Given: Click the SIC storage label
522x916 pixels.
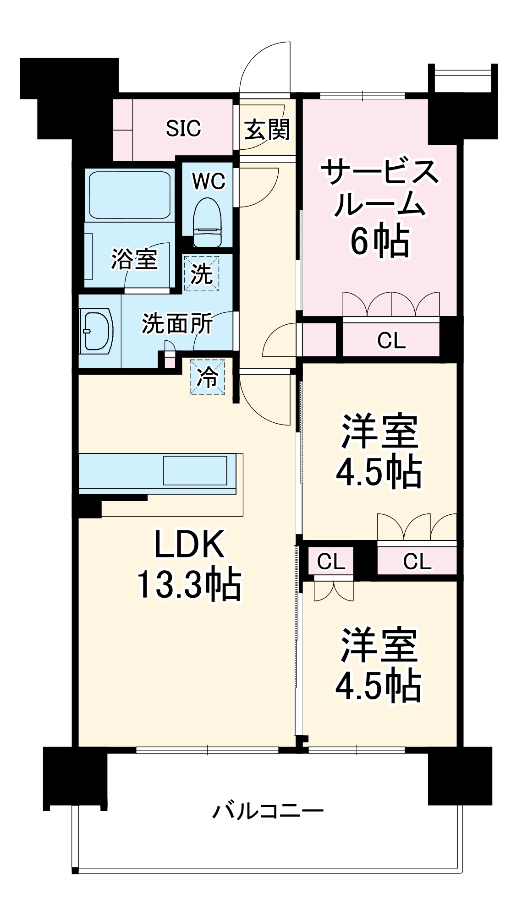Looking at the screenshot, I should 183,129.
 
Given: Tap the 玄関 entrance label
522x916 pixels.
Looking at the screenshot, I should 267,130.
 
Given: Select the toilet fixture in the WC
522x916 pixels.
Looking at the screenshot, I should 207,223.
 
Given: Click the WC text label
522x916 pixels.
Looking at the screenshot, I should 209,182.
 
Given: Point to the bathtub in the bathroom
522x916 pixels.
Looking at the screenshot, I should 130,195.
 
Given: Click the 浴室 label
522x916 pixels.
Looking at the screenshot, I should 134,260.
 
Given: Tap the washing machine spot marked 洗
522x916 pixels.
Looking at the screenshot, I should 202,274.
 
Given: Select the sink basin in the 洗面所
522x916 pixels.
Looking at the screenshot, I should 97,331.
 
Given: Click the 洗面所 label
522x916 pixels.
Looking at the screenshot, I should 177,324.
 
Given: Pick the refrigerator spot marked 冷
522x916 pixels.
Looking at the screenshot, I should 208,377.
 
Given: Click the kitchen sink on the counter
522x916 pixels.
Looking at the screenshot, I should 195,470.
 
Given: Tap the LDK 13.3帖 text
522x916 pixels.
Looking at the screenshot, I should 189,564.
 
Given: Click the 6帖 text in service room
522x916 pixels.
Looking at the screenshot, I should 380,240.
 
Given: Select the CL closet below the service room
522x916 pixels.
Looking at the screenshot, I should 391,340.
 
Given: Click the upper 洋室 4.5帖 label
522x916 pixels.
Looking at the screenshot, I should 379,451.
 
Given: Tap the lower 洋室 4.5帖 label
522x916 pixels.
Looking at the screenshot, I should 379,666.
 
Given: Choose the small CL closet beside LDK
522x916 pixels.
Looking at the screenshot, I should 331,561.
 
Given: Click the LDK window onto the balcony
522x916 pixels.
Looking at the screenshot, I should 207,750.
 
